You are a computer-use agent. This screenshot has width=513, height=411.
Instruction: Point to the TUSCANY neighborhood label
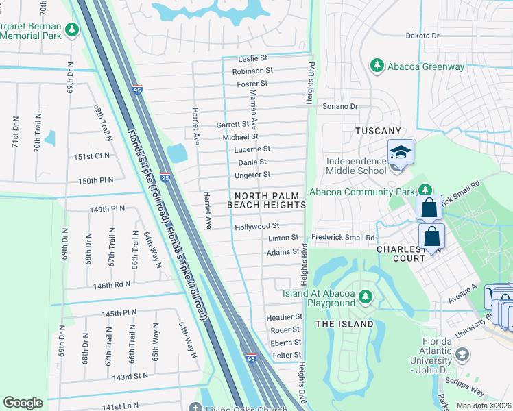click(x=377, y=131)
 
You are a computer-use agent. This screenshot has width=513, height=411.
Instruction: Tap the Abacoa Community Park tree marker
click(x=425, y=189)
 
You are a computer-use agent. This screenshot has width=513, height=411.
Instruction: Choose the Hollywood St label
click(x=256, y=225)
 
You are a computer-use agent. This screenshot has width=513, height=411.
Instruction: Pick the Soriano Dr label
click(x=341, y=106)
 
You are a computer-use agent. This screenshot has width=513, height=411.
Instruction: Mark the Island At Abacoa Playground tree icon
click(x=366, y=296)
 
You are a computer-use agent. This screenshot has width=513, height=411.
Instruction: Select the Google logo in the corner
click(x=23, y=403)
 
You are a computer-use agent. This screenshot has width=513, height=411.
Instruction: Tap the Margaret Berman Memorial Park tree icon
click(x=72, y=29)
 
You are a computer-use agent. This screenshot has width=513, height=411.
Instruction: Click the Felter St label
click(x=287, y=355)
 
